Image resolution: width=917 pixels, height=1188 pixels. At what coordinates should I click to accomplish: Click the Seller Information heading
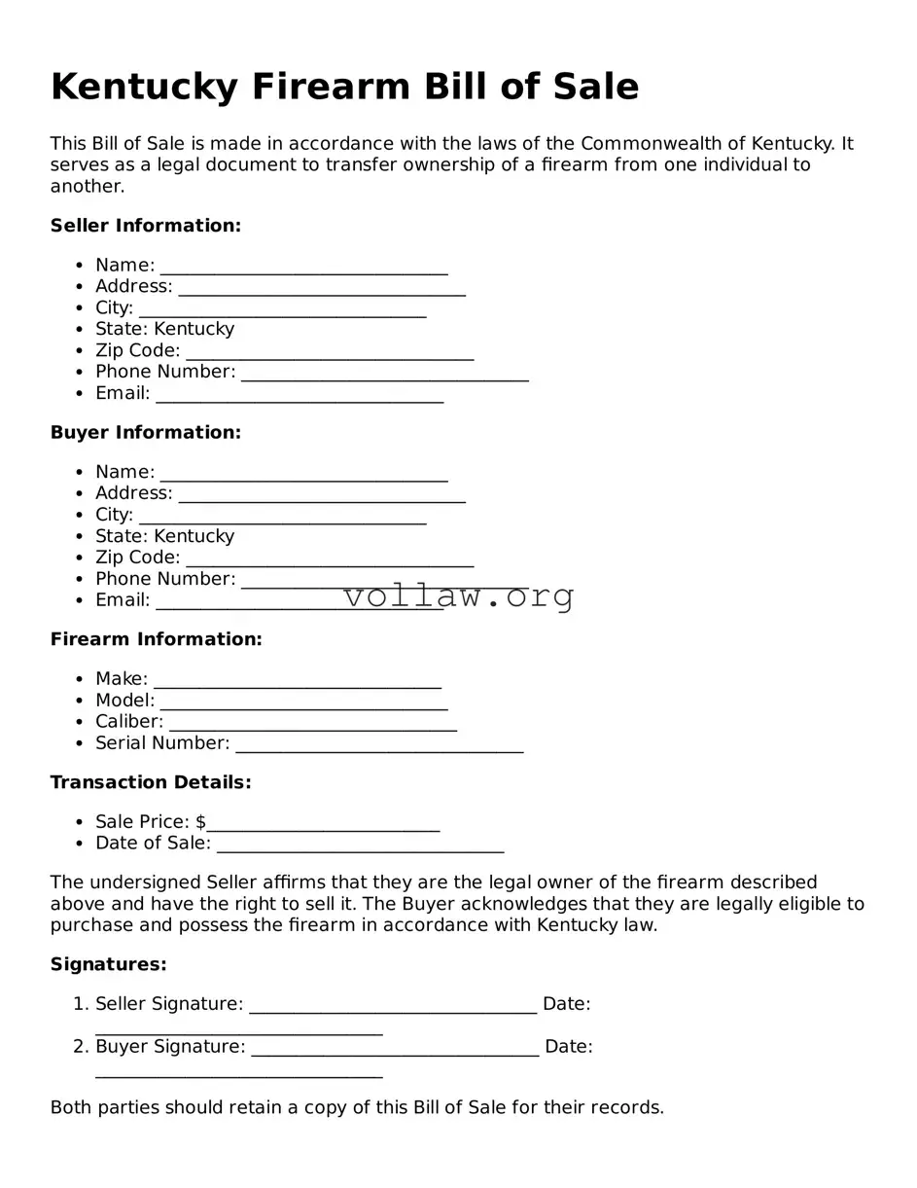[145, 226]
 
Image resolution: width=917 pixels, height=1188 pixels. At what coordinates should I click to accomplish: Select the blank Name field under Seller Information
[303, 267]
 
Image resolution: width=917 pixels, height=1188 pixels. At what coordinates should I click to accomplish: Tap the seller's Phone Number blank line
[384, 373]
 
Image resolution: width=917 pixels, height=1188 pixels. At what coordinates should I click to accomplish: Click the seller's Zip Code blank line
[329, 351]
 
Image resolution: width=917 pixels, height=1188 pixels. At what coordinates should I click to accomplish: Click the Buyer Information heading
[145, 432]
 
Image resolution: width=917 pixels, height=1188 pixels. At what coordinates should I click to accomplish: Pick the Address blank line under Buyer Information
[321, 494]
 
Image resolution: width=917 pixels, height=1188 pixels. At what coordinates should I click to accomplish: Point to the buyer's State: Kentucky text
[164, 536]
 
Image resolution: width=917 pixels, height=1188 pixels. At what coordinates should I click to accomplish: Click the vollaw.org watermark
[458, 595]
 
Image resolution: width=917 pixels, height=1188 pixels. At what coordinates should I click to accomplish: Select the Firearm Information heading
[156, 639]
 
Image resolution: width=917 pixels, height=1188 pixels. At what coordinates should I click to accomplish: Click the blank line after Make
[297, 680]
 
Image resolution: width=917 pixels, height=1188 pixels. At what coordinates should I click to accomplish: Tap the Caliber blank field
[312, 723]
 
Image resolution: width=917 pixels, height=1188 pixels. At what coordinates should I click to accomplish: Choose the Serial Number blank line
[379, 744]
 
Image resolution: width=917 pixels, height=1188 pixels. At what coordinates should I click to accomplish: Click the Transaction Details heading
[151, 782]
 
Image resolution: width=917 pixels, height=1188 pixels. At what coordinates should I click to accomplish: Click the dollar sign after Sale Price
[200, 822]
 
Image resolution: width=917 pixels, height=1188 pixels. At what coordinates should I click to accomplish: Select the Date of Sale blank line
[360, 845]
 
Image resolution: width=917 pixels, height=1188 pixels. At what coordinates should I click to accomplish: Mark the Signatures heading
[108, 964]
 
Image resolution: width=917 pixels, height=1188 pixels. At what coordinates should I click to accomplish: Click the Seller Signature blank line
[392, 1005]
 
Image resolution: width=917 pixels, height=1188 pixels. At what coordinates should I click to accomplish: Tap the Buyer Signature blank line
[394, 1048]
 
